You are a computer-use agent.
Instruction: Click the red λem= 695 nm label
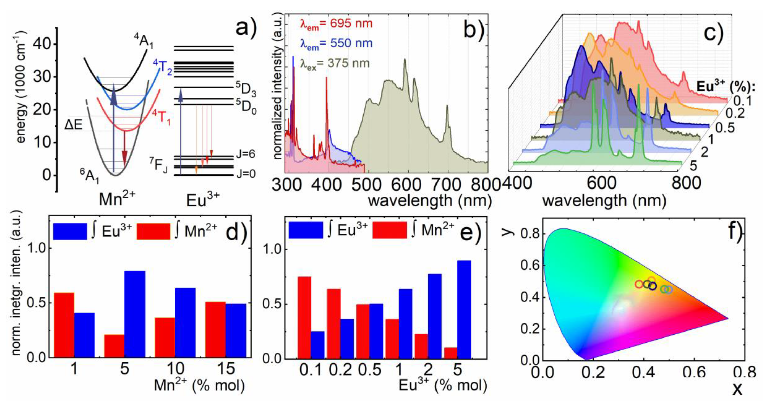point(336,24)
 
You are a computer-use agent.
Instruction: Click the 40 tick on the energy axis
point(42,45)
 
